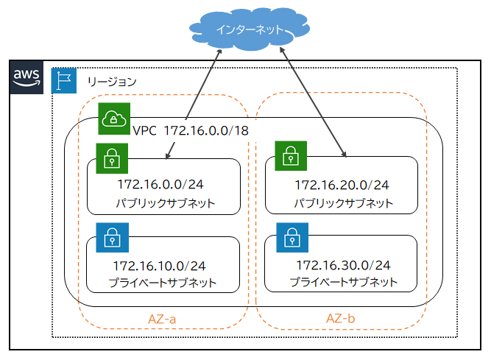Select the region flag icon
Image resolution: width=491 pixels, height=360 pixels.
coord(63,80)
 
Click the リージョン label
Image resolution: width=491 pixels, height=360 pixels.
coord(111,81)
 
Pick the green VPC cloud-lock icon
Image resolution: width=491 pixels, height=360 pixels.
coord(114,119)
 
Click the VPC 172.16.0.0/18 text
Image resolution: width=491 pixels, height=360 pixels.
coord(190,130)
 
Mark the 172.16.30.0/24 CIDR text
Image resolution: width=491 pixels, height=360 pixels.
coord(342,264)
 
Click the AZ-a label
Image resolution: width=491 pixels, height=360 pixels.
coord(163,318)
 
